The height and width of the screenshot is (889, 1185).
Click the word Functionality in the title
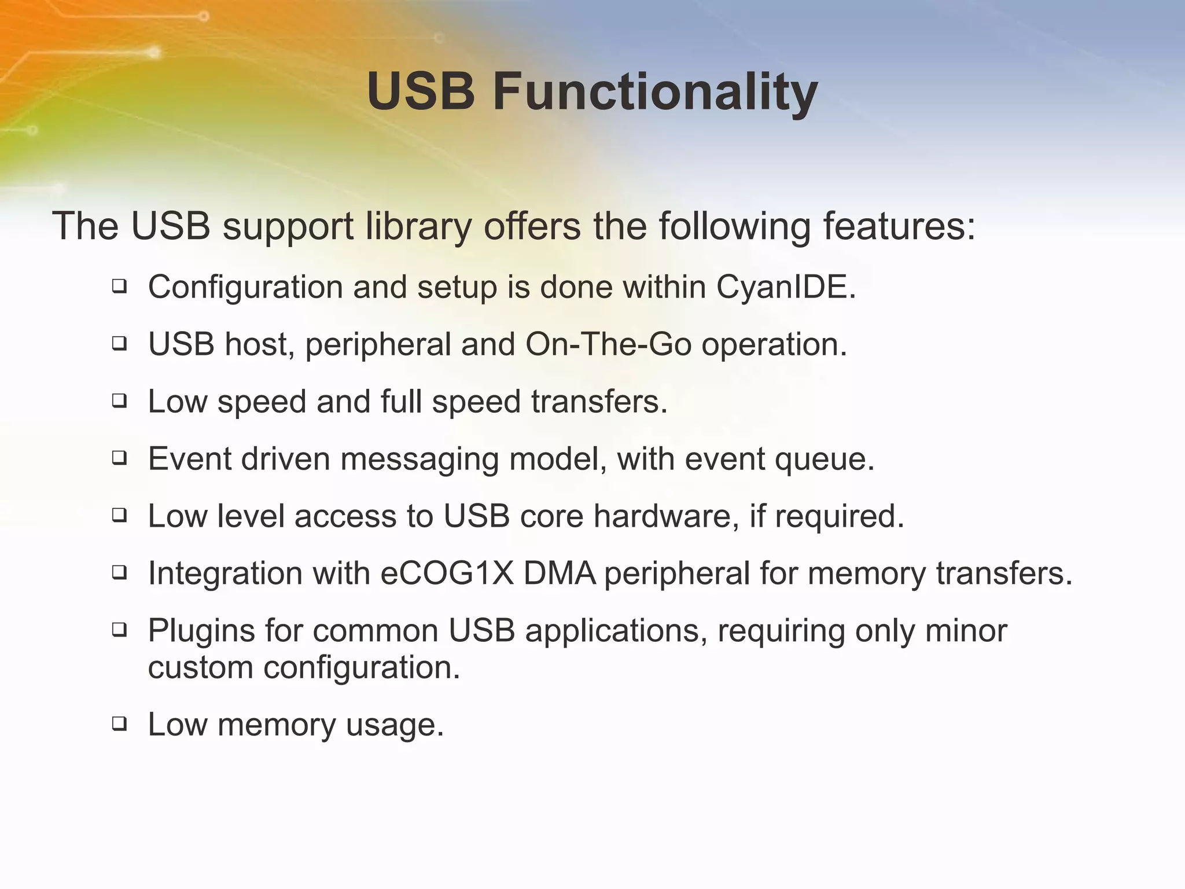(655, 93)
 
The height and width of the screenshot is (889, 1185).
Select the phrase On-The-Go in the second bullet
(608, 344)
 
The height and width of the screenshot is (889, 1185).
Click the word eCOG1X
(447, 574)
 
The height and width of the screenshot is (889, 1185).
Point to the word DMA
(560, 574)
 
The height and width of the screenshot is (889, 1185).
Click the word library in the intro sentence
(418, 226)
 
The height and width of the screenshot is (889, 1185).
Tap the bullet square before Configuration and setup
(119, 285)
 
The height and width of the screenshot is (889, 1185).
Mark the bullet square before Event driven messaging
(119, 458)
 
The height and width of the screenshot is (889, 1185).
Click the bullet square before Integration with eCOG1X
(119, 572)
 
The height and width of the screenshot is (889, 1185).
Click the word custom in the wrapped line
(200, 668)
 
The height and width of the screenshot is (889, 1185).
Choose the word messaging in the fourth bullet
(419, 460)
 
